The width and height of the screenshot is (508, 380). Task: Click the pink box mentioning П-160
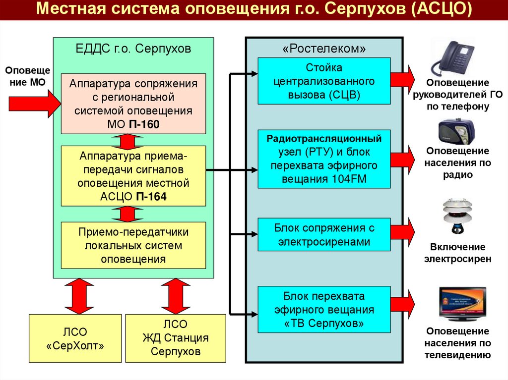[133, 104]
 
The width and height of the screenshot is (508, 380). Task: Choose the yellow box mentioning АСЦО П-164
[133, 176]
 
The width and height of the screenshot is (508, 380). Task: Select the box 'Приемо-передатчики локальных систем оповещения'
[133, 245]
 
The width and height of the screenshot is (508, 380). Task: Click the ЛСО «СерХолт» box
[75, 338]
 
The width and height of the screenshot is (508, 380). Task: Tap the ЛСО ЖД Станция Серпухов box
[176, 338]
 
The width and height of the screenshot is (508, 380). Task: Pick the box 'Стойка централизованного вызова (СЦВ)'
[324, 81]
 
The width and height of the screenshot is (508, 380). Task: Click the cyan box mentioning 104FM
[324, 159]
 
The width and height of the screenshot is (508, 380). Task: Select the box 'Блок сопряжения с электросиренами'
[324, 235]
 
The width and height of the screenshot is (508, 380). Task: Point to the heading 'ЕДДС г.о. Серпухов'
[133, 49]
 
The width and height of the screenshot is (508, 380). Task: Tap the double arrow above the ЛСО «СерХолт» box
[76, 296]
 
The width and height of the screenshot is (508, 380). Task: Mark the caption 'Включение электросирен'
[457, 253]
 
